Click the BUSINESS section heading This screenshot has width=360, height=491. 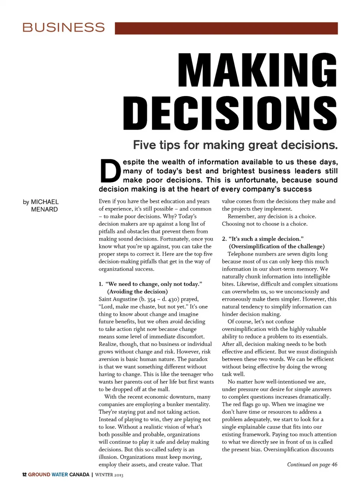click(x=63, y=27)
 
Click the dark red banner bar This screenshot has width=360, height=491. click(x=226, y=28)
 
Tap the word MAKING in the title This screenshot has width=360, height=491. click(x=258, y=70)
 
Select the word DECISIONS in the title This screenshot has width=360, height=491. click(x=230, y=113)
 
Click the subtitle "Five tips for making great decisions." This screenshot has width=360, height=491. click(x=235, y=145)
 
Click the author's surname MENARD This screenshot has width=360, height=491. click(x=44, y=210)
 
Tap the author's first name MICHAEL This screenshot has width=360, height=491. click(x=45, y=202)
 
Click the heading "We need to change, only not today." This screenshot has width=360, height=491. click(x=154, y=284)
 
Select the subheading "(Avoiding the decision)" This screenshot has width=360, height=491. click(x=137, y=292)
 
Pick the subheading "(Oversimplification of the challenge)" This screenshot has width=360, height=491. click(x=277, y=246)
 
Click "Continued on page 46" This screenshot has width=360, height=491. click(x=312, y=464)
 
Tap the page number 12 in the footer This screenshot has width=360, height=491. click(x=24, y=475)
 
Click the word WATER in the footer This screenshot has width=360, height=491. click(x=60, y=475)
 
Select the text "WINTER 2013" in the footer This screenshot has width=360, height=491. click(x=109, y=475)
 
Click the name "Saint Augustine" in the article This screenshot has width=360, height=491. click(x=118, y=299)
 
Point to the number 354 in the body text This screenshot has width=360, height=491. click(x=151, y=299)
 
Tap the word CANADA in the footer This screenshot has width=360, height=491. click(x=79, y=475)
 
